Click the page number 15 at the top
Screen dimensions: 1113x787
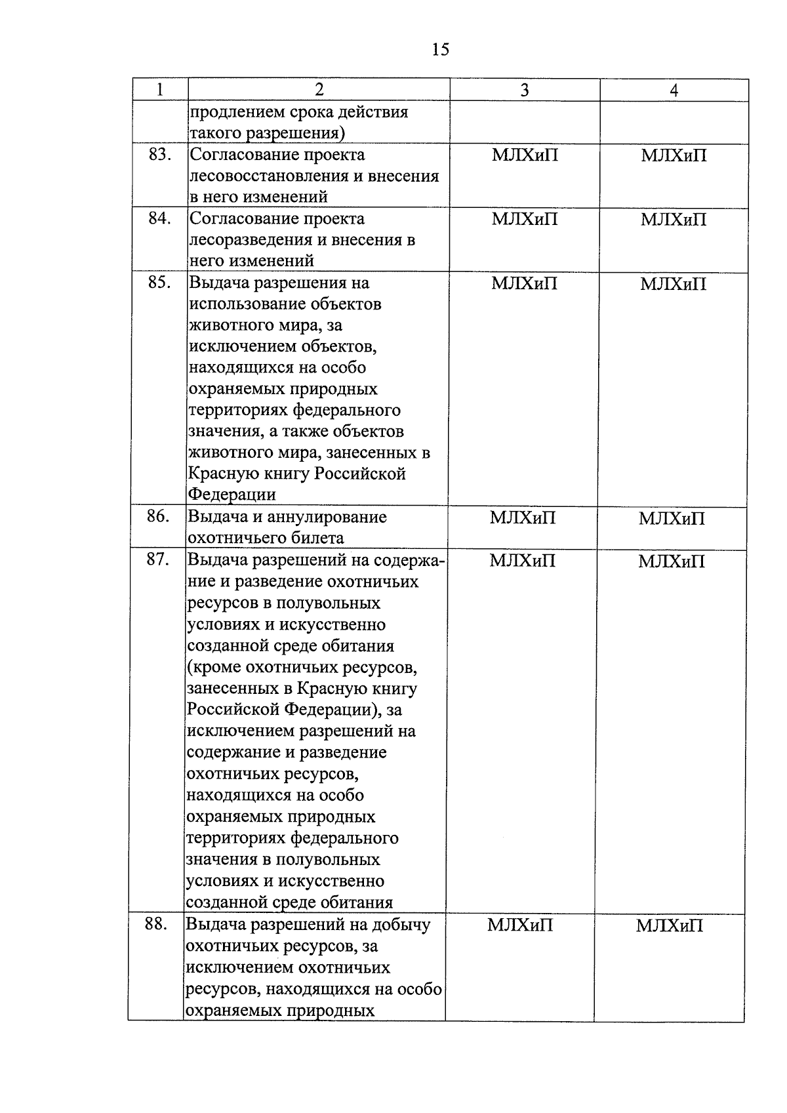pyautogui.click(x=441, y=49)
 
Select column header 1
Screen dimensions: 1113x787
pyautogui.click(x=160, y=90)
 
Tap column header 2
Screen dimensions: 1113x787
pyautogui.click(x=319, y=90)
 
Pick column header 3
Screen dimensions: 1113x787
pyautogui.click(x=524, y=91)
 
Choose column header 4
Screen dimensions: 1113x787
pyautogui.click(x=674, y=91)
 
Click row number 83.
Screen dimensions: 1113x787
pyautogui.click(x=160, y=155)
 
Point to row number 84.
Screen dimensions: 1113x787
pyautogui.click(x=160, y=218)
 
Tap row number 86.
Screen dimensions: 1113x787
pyautogui.click(x=159, y=516)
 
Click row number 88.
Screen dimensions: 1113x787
pyautogui.click(x=157, y=924)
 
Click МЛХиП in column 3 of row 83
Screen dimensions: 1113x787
pyautogui.click(x=525, y=155)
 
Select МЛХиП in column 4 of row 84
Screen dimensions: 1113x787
pyautogui.click(x=674, y=219)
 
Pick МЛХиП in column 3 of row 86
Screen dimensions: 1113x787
pyautogui.click(x=523, y=517)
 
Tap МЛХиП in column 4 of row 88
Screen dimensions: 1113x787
pyautogui.click(x=669, y=925)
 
